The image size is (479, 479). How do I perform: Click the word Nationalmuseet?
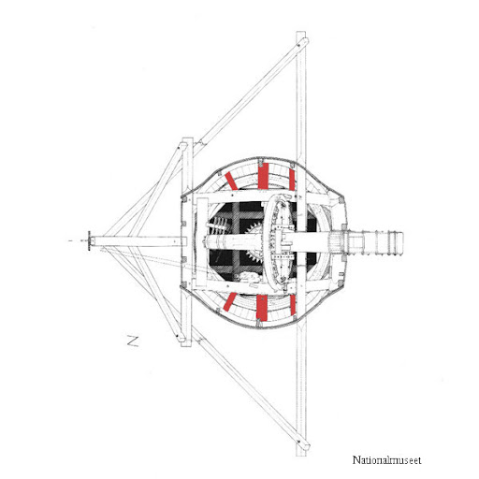[386, 460]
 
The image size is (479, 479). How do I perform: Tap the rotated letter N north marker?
[133, 341]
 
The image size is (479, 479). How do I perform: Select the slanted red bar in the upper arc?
[231, 181]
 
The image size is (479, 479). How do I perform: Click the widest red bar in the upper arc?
[263, 176]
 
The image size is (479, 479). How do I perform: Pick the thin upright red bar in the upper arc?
[292, 180]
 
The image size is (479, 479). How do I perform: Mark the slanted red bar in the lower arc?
[230, 301]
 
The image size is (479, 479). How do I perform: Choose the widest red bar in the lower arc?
[262, 308]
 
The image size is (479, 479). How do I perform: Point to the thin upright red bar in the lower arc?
[293, 305]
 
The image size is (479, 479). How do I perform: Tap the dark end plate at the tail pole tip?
[89, 240]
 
